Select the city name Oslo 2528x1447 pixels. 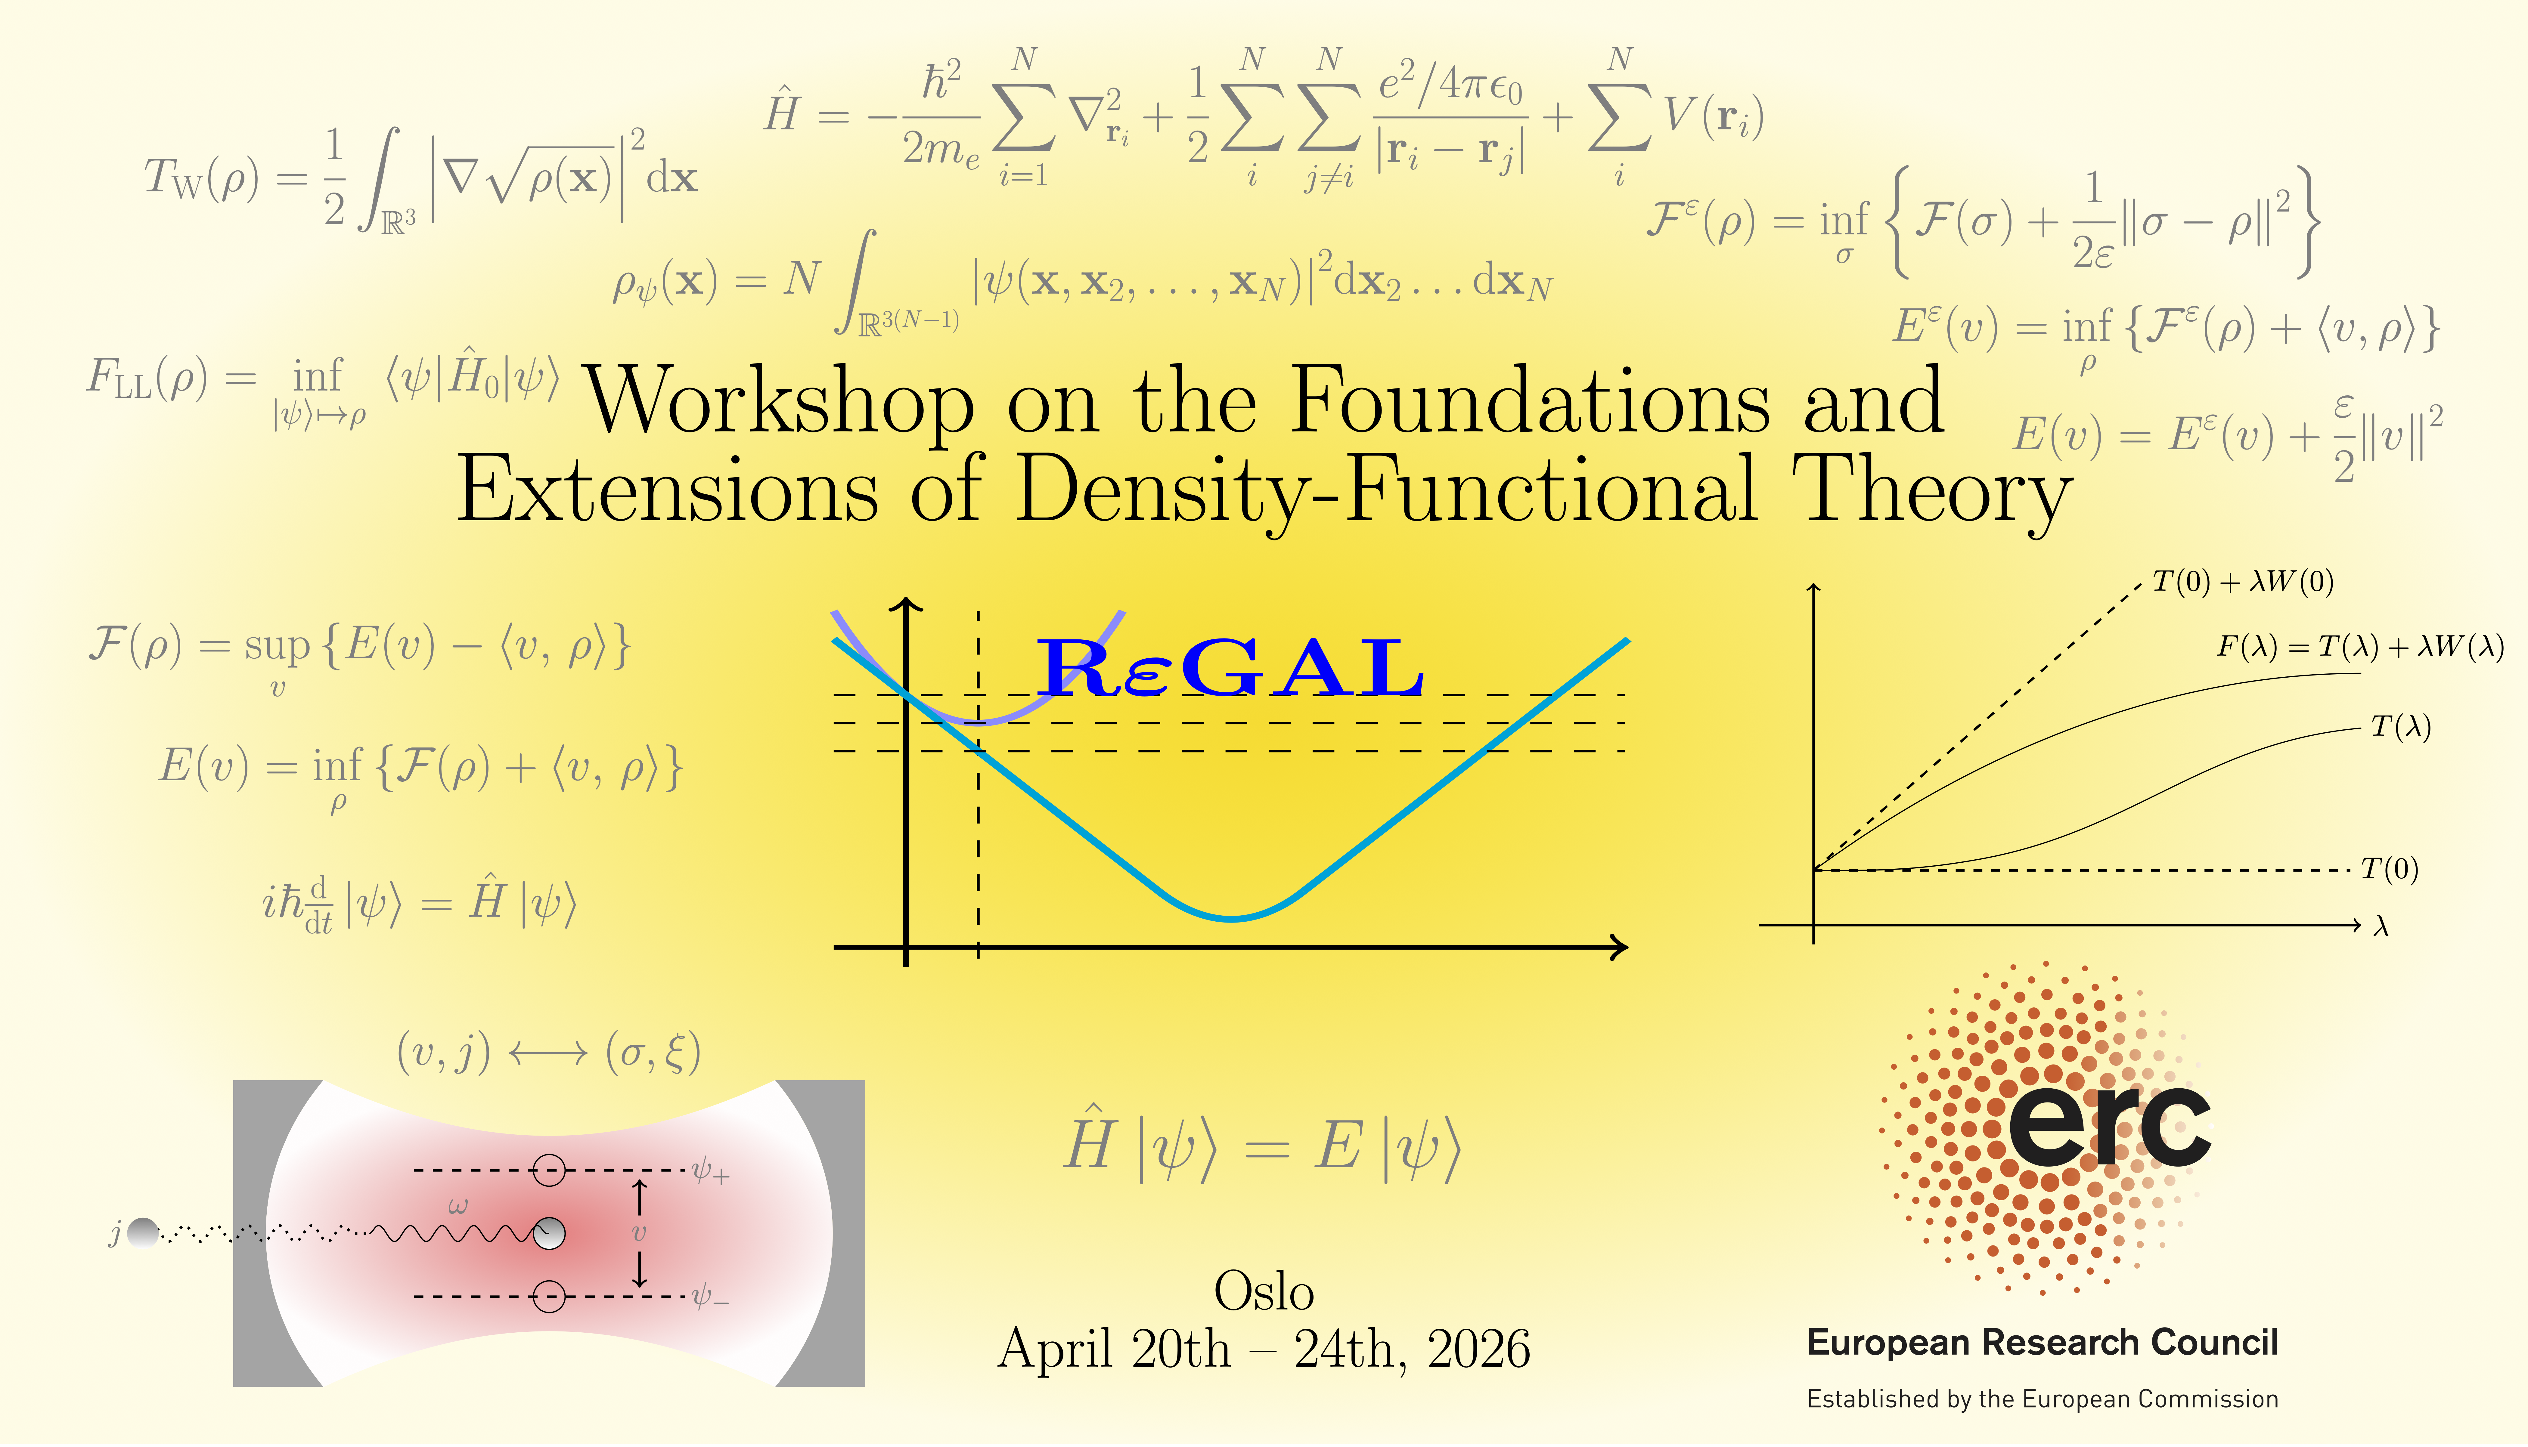1264,1292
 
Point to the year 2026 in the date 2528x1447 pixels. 1478,1350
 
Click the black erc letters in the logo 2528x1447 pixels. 2110,1126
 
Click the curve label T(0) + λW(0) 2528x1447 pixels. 2243,581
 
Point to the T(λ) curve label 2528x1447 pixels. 2401,726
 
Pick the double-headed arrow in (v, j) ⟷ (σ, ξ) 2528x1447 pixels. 548,1053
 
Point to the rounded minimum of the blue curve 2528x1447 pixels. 1232,917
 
